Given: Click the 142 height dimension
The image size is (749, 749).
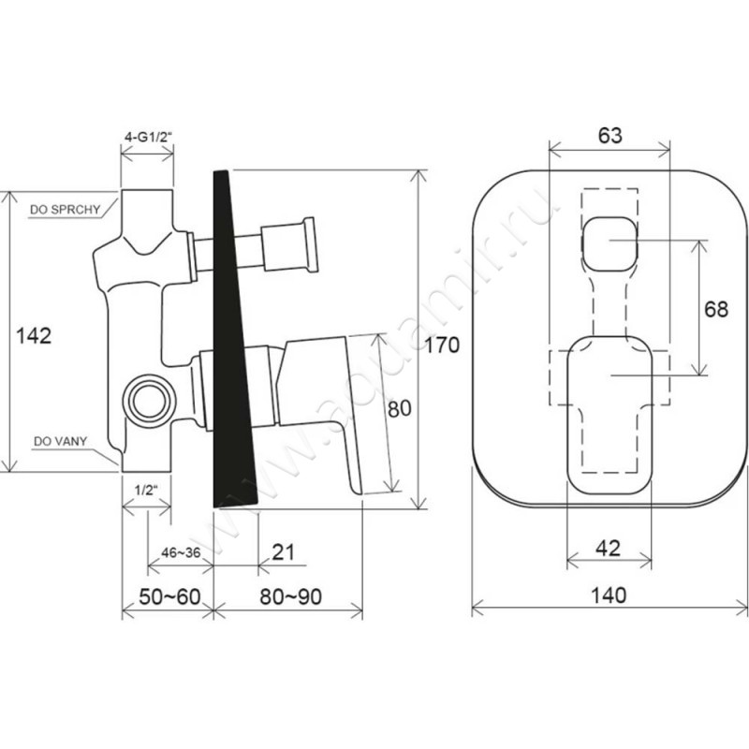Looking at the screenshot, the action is pyautogui.click(x=34, y=336).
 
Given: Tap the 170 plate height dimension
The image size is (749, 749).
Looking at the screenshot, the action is pyautogui.click(x=442, y=345).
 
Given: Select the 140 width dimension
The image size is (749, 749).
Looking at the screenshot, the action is pyautogui.click(x=609, y=595).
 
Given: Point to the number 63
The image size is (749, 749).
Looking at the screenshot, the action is pyautogui.click(x=610, y=135).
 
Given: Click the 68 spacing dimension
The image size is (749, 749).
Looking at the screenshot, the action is pyautogui.click(x=716, y=309).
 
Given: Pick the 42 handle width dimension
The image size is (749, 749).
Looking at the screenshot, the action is pyautogui.click(x=608, y=548).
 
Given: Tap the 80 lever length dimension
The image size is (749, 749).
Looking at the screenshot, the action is pyautogui.click(x=399, y=409).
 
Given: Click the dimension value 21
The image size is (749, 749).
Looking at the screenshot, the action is pyautogui.click(x=283, y=551).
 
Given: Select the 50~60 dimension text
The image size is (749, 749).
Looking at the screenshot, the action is pyautogui.click(x=169, y=596).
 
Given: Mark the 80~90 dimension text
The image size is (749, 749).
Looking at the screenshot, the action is pyautogui.click(x=291, y=596).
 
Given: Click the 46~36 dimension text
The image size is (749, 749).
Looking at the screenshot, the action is pyautogui.click(x=181, y=552).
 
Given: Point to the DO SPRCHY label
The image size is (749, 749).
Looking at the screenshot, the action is pyautogui.click(x=65, y=209).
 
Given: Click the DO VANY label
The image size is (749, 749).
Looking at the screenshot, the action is pyautogui.click(x=60, y=441).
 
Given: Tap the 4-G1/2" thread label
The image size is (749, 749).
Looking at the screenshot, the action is pyautogui.click(x=148, y=137).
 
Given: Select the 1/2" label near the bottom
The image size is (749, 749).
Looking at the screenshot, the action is pyautogui.click(x=146, y=490).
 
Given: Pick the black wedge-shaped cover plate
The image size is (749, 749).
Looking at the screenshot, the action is pyautogui.click(x=234, y=339).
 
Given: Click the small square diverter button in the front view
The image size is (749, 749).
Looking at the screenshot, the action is pyautogui.click(x=610, y=244).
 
